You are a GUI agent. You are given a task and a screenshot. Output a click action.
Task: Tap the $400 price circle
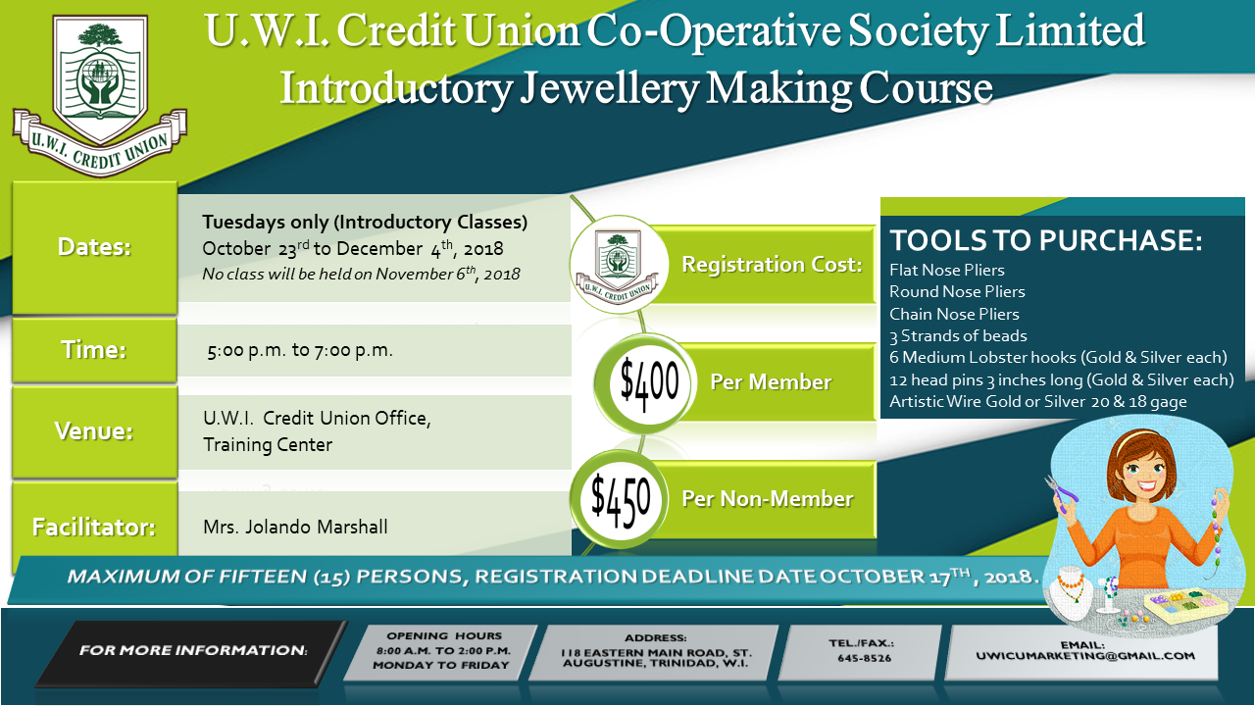pyautogui.click(x=646, y=383)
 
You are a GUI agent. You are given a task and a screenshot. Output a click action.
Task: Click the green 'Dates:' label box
pyautogui.click(x=95, y=247)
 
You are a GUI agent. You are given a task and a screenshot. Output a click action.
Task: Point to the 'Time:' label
pyautogui.click(x=94, y=350)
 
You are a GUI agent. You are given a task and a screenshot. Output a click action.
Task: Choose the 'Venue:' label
pyautogui.click(x=94, y=430)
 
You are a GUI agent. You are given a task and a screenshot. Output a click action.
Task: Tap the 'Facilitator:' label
pyautogui.click(x=94, y=527)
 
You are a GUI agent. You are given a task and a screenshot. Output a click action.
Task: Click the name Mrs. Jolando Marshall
pyautogui.click(x=295, y=527)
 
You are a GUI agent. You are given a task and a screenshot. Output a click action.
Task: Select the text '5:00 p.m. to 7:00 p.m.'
pyautogui.click(x=300, y=351)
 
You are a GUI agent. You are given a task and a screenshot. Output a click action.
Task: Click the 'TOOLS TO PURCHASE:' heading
pyautogui.click(x=1045, y=240)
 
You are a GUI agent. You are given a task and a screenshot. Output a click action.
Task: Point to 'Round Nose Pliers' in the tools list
pyautogui.click(x=957, y=292)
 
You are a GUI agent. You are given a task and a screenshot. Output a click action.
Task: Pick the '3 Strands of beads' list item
pyautogui.click(x=958, y=336)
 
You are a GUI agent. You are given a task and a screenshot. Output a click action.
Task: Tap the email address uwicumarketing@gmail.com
pyautogui.click(x=1085, y=656)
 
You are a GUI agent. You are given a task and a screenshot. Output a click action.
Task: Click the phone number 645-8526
pyautogui.click(x=864, y=658)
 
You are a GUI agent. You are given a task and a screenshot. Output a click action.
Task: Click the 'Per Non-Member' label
pyautogui.click(x=767, y=499)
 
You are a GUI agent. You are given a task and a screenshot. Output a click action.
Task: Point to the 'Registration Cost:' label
pyautogui.click(x=772, y=265)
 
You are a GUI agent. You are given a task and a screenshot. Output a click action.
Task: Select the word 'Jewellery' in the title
pyautogui.click(x=610, y=88)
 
